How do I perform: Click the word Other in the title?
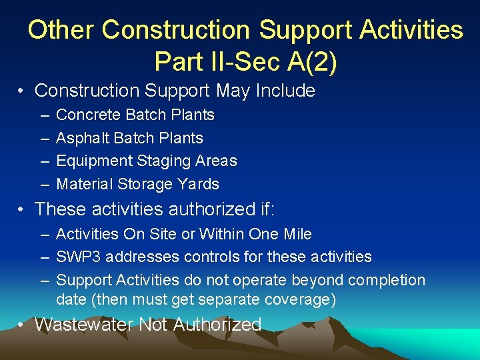pyautogui.click(x=62, y=30)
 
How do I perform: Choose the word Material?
pyautogui.click(x=85, y=183)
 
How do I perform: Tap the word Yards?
pyautogui.click(x=198, y=183)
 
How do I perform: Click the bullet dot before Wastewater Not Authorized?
pyautogui.click(x=22, y=325)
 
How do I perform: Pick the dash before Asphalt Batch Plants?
pyautogui.click(x=43, y=139)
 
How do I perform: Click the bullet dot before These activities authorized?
pyautogui.click(x=22, y=209)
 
